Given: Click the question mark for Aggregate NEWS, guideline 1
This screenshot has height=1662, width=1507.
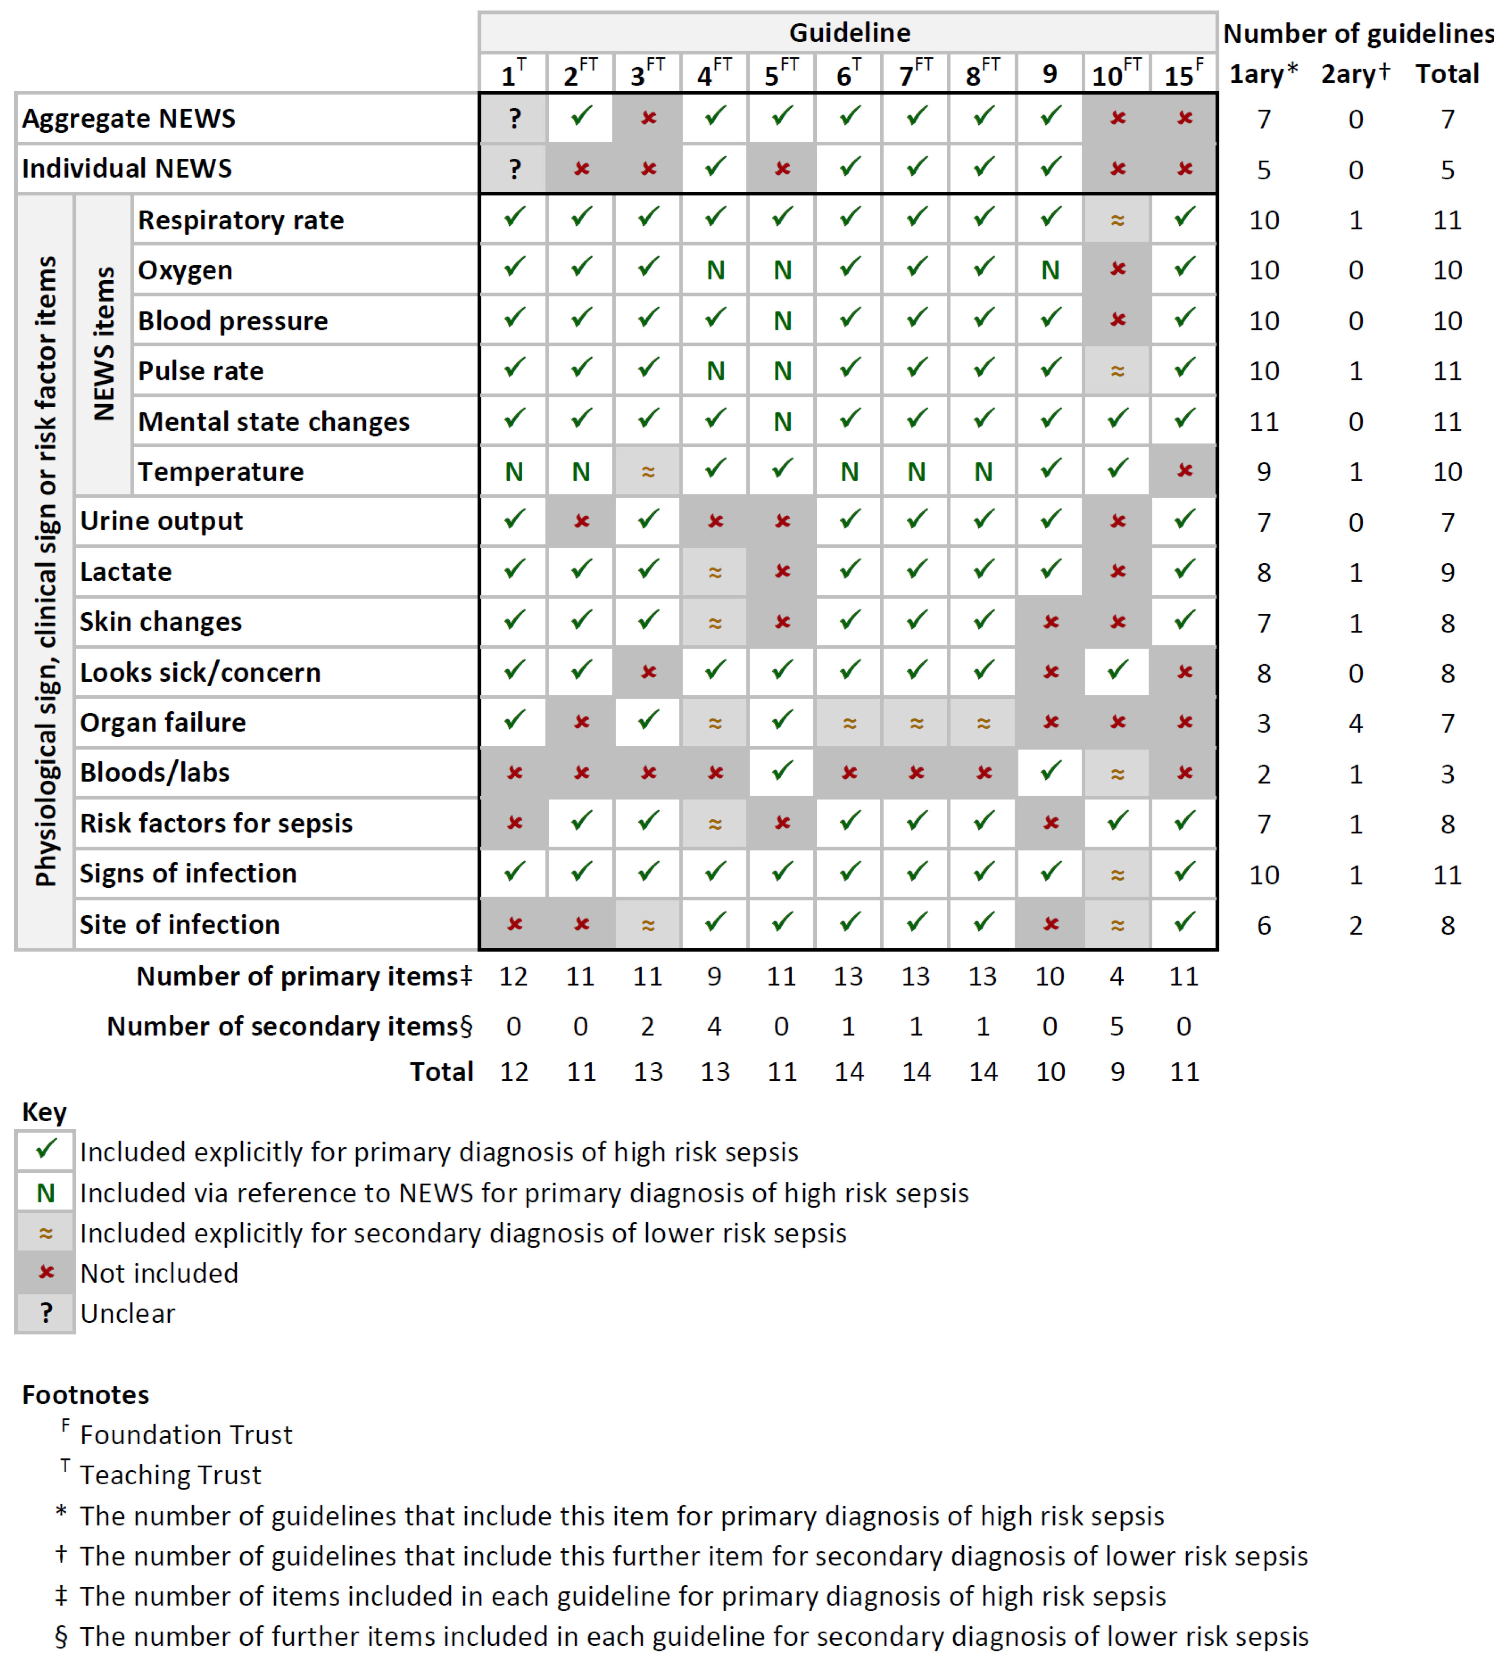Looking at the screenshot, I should [514, 119].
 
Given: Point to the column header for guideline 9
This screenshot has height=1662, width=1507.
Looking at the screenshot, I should [1049, 74].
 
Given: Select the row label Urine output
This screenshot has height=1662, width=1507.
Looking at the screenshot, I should [162, 521].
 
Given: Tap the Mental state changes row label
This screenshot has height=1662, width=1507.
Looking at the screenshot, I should [274, 421].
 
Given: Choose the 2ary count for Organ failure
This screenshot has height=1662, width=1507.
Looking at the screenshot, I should [1355, 723].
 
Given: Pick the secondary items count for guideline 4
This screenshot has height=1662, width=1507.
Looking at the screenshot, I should [714, 1026].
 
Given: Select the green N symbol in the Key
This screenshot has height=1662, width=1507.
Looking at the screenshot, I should [46, 1193].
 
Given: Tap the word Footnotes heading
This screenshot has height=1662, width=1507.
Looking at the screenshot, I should [86, 1394].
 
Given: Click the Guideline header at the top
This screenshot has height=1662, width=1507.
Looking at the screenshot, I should [849, 33].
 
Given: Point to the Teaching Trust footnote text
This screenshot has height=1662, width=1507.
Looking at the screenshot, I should [170, 1475].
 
